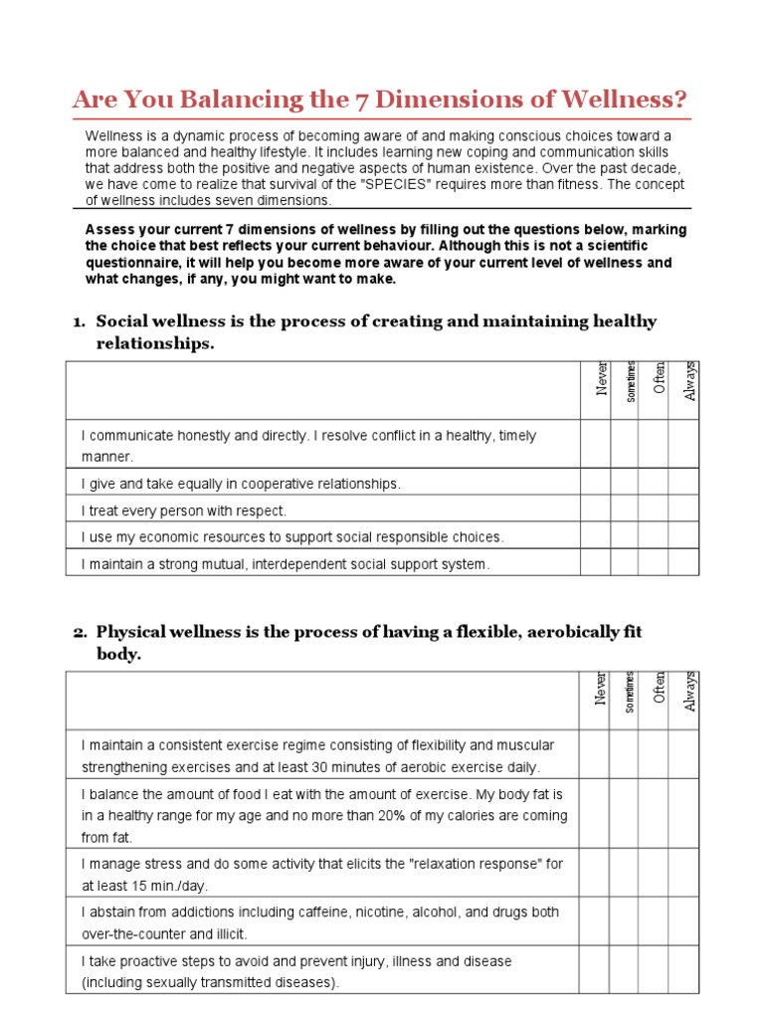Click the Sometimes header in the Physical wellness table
[x=630, y=691]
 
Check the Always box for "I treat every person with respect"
[x=683, y=510]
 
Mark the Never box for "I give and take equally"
[x=595, y=484]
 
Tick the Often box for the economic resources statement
[x=653, y=537]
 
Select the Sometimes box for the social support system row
[x=624, y=564]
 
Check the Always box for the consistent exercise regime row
[x=683, y=755]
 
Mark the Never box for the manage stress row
[x=595, y=874]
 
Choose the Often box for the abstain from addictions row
[x=653, y=922]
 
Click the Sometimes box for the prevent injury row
[x=624, y=971]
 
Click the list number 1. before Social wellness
[x=80, y=321]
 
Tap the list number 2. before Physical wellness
[x=80, y=632]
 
